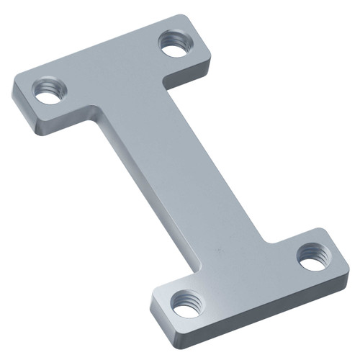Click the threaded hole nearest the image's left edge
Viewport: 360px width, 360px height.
coord(50,91)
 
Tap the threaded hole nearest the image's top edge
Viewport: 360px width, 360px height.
coord(173,45)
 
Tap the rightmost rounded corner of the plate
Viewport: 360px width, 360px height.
coord(347,266)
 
